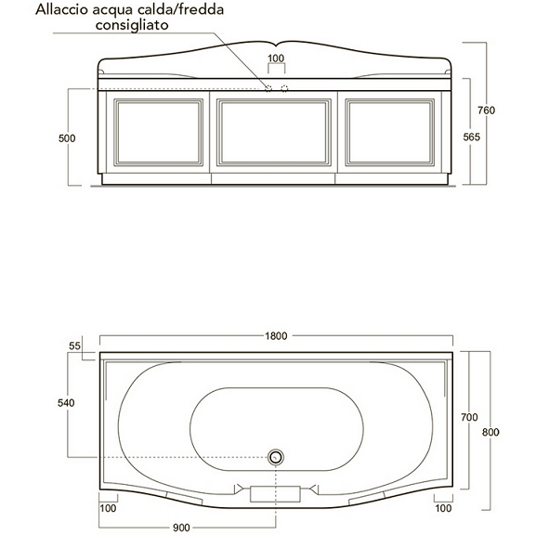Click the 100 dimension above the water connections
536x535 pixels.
[276, 59]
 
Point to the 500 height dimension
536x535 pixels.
[66, 138]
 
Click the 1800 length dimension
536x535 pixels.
[276, 336]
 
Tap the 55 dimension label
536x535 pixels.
[75, 346]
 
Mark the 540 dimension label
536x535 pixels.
[66, 403]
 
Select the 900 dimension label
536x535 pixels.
[180, 528]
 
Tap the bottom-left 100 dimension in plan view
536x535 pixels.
[108, 509]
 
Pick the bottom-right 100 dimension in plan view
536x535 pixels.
[443, 509]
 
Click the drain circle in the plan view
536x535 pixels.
[275, 457]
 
